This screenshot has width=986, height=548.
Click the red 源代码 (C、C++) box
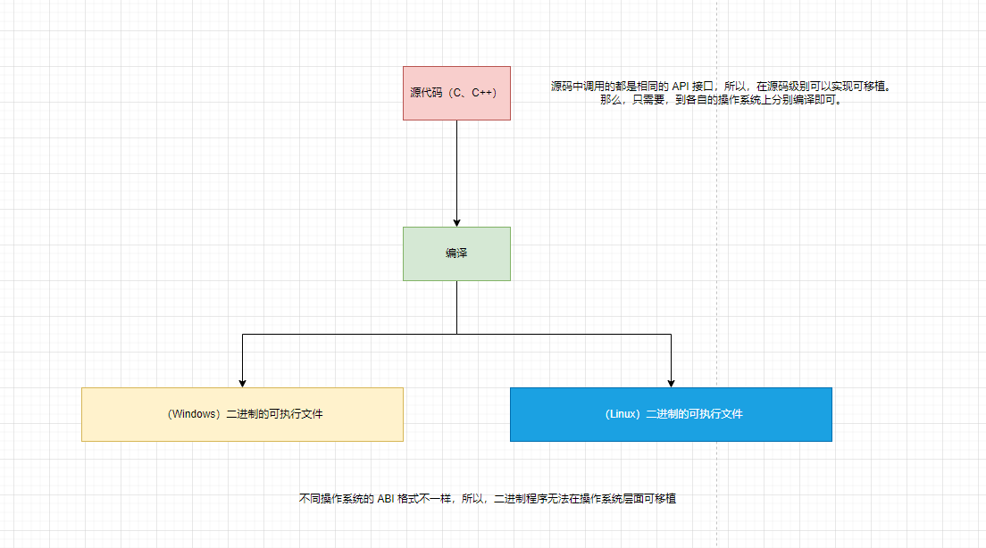click(x=456, y=93)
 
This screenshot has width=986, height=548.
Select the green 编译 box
click(x=456, y=253)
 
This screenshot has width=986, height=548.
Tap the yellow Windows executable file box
click(x=242, y=414)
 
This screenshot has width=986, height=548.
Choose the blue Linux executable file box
click(x=671, y=414)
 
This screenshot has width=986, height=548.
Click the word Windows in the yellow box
click(x=195, y=414)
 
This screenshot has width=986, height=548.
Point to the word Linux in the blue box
click(x=622, y=414)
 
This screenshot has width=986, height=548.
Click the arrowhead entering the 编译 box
click(x=456, y=221)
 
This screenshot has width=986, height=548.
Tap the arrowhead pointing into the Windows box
click(x=242, y=382)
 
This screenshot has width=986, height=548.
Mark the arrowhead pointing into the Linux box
click(x=671, y=382)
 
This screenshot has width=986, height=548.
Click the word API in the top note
click(x=681, y=87)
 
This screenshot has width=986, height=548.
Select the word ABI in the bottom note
click(x=387, y=499)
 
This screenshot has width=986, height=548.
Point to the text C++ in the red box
click(x=483, y=93)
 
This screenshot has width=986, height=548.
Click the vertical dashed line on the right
click(x=716, y=268)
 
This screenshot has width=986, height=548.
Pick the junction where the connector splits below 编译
click(x=456, y=334)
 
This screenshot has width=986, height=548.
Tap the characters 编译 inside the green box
click(x=456, y=253)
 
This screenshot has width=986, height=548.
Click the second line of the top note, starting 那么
click(x=721, y=100)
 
